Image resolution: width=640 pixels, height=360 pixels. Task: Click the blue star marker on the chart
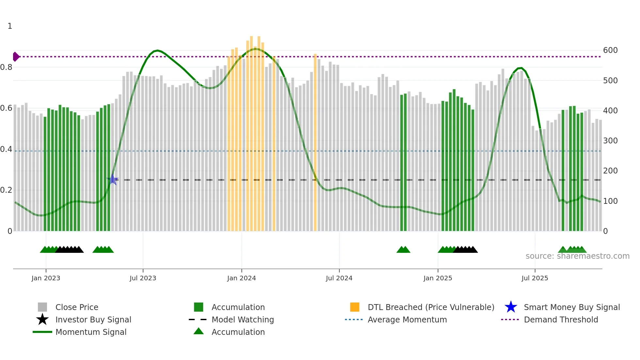click(x=112, y=179)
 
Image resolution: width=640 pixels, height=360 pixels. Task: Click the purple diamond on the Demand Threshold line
click(x=16, y=57)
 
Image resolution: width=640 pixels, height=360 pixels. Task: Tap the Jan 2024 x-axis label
click(x=241, y=278)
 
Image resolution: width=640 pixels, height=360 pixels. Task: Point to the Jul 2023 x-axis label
click(x=143, y=278)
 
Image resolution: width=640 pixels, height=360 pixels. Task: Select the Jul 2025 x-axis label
click(x=535, y=278)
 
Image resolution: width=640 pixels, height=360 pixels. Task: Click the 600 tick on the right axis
click(x=610, y=50)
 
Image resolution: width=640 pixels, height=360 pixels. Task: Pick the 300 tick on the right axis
click(x=610, y=141)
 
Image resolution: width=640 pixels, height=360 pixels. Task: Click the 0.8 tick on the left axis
click(x=6, y=67)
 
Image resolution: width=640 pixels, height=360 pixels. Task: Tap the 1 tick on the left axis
click(x=10, y=26)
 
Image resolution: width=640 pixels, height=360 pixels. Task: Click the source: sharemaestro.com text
click(x=577, y=256)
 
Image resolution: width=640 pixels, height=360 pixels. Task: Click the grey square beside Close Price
click(x=42, y=307)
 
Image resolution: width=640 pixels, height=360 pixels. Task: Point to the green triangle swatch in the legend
click(x=199, y=331)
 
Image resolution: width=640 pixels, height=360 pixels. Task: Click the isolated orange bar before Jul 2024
click(x=315, y=142)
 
